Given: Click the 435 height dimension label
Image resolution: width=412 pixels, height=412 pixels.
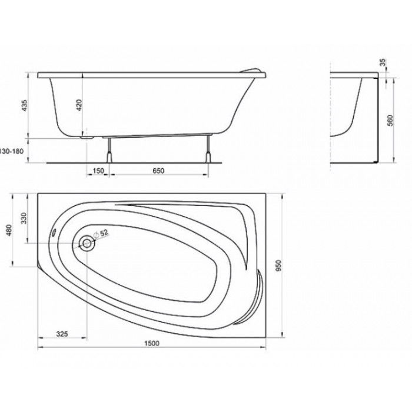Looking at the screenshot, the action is pyautogui.click(x=24, y=105).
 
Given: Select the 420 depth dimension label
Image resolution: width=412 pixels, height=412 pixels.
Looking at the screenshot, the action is pyautogui.click(x=79, y=105).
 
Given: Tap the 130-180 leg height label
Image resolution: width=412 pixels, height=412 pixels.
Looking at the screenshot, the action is pyautogui.click(x=12, y=151).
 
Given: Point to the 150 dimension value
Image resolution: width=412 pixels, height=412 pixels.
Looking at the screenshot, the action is pyautogui.click(x=98, y=171).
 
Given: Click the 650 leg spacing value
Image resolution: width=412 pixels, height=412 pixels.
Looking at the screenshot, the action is pyautogui.click(x=158, y=171).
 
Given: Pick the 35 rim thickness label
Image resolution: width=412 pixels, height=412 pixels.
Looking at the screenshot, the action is pyautogui.click(x=383, y=62).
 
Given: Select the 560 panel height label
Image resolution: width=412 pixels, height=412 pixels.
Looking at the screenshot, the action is pyautogui.click(x=391, y=120).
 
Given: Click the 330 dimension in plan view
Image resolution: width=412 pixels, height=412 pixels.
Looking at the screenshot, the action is pyautogui.click(x=24, y=218).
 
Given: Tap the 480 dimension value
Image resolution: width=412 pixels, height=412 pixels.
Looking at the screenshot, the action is pyautogui.click(x=9, y=230).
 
